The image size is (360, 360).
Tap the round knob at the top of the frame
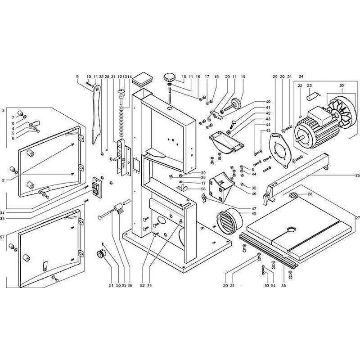170,76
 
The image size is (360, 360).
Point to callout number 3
3,110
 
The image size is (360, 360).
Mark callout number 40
255,102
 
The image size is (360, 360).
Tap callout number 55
283,285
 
